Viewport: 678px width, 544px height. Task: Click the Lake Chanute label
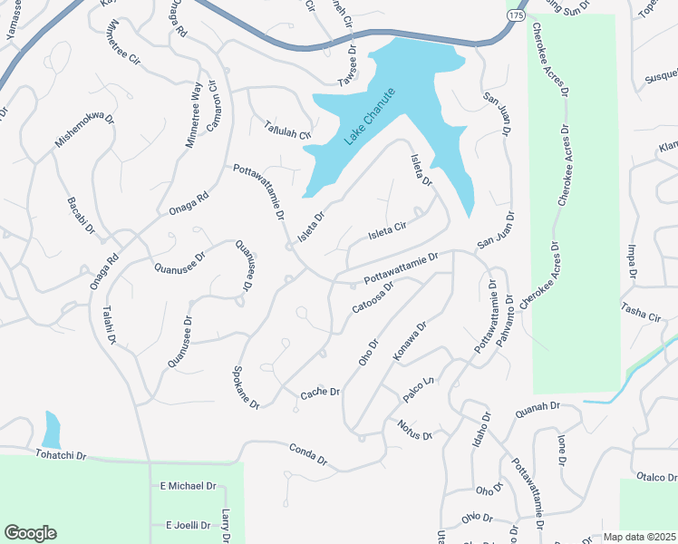coord(370,117)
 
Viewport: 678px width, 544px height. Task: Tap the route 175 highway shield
coord(515,17)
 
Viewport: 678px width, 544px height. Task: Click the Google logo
coord(30,533)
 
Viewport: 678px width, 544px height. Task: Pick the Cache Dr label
coord(320,392)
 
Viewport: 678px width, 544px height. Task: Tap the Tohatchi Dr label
coord(61,454)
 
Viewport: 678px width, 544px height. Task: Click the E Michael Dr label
coord(188,486)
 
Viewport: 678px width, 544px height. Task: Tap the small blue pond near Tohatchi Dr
coord(51,427)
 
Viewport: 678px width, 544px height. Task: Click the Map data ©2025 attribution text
coord(639,537)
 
